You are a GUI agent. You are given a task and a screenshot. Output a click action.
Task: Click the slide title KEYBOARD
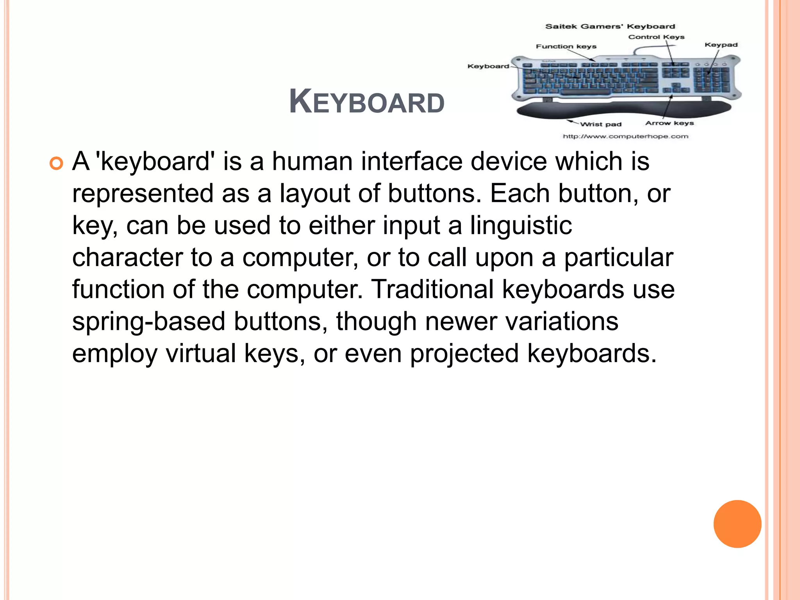point(366,102)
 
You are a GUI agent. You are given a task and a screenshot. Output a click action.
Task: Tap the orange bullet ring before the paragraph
point(56,164)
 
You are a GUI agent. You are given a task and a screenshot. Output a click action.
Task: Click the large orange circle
point(737,524)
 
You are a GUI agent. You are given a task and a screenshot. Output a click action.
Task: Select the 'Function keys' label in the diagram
point(566,46)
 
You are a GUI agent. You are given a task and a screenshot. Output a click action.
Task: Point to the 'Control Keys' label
point(656,37)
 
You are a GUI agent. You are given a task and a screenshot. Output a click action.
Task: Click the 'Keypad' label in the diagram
point(721,45)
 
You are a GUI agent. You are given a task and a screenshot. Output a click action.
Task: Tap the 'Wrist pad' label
point(600,124)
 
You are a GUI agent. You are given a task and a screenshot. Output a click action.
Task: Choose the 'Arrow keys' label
point(669,123)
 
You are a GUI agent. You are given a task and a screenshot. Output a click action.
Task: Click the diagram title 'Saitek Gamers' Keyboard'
point(610,27)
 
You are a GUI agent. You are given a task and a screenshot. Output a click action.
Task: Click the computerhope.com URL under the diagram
point(625,136)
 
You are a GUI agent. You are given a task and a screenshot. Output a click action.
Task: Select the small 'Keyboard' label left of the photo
point(488,66)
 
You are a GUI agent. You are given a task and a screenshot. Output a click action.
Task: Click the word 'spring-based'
point(149,321)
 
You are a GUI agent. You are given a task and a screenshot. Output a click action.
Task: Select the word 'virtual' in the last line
point(201,354)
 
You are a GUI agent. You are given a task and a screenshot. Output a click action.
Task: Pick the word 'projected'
point(464,354)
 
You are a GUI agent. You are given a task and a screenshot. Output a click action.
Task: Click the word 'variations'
point(562,321)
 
